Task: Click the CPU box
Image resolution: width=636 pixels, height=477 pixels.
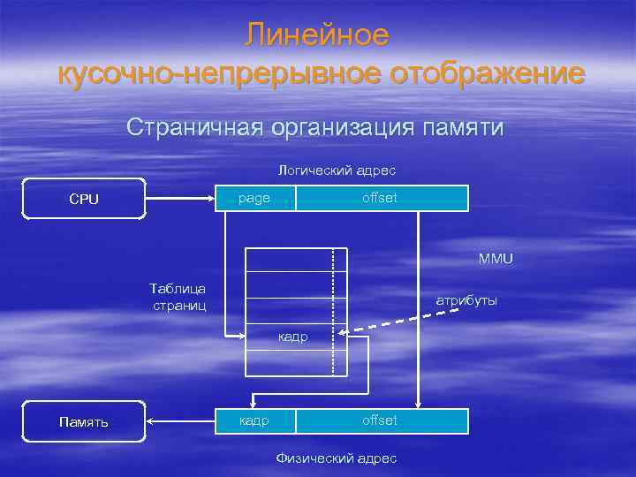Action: (84, 199)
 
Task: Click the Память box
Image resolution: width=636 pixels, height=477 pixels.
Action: (84, 421)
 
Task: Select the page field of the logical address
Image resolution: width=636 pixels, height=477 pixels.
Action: (255, 199)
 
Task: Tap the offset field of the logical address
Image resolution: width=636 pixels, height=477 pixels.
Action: (381, 199)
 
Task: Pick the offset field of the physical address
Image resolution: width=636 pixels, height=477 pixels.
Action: (381, 420)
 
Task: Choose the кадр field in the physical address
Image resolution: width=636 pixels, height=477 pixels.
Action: (255, 420)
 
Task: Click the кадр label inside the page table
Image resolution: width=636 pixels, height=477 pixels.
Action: (293, 337)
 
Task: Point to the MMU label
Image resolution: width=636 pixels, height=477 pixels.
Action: (495, 259)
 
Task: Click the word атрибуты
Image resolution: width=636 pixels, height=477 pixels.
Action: (466, 300)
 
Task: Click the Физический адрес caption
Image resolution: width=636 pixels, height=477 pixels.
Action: (337, 458)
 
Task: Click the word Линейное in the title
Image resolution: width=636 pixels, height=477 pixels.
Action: (317, 34)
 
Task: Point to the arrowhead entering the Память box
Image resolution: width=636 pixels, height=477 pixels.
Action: (150, 420)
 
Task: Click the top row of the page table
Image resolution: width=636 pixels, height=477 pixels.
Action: (290, 259)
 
